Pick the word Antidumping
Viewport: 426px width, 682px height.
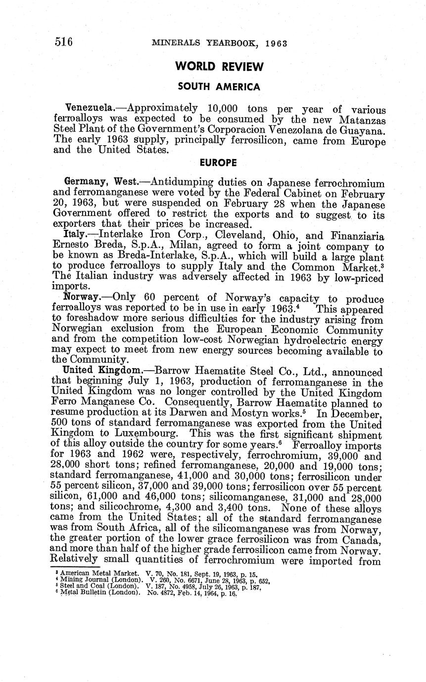pos(175,182)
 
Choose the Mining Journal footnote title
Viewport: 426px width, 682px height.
pos(98,579)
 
